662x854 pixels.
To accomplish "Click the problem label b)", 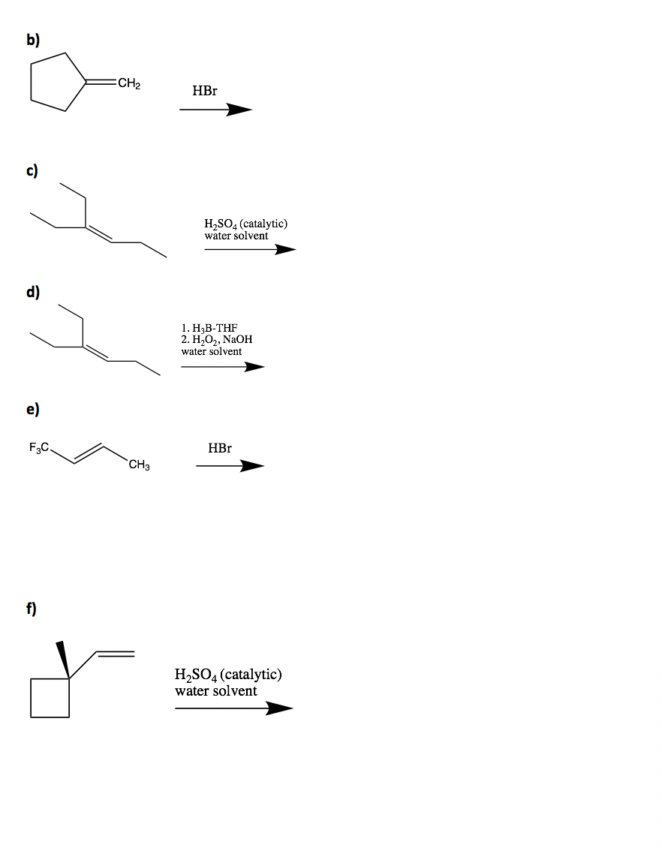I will (x=34, y=41).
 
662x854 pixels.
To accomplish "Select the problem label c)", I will (x=34, y=170).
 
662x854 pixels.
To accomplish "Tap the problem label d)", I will (x=34, y=291).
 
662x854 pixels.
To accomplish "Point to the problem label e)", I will (x=34, y=409).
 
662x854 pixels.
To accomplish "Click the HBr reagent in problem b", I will (x=205, y=91).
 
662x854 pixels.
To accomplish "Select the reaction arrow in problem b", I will (x=215, y=110).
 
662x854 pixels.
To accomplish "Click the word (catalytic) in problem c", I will (x=261, y=224).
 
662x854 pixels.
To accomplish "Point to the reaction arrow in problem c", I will (x=250, y=250).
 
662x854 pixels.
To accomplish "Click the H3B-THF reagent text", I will (x=209, y=328).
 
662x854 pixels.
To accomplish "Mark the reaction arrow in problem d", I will (x=222, y=367).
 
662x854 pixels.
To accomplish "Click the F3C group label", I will (x=39, y=448).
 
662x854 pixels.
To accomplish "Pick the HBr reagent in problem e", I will (x=220, y=448).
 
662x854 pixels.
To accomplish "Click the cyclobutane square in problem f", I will (x=50, y=698).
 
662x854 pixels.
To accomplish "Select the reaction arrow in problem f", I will (x=233, y=708).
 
